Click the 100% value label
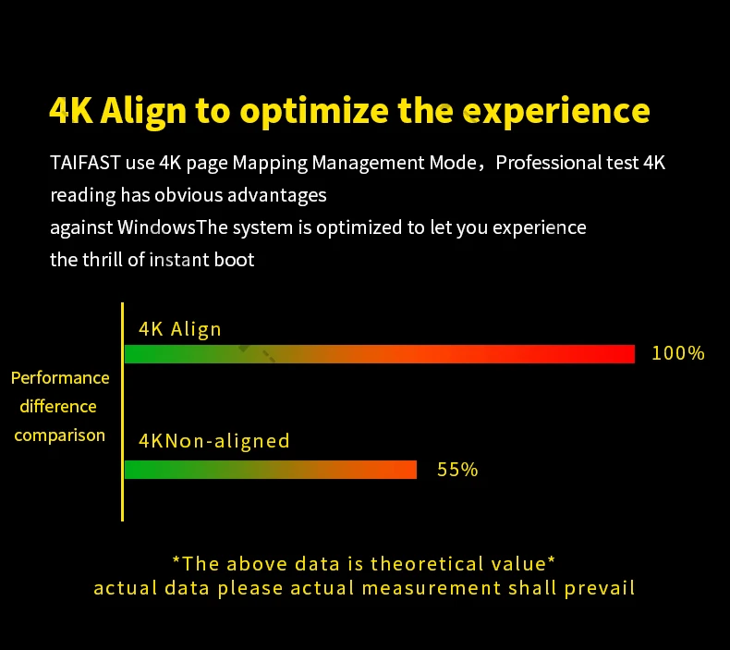pos(678,353)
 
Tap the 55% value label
pos(457,470)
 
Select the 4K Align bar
pos(380,354)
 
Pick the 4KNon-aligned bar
pos(271,470)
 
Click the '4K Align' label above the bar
pos(179,329)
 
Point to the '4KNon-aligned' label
pos(214,441)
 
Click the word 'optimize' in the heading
pos(314,112)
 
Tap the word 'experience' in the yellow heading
pos(556,112)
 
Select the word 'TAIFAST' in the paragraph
pos(85,163)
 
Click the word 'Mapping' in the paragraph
pos(270,164)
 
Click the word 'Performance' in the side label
pos(60,377)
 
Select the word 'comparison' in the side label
pos(59,436)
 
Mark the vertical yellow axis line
pos(123,411)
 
